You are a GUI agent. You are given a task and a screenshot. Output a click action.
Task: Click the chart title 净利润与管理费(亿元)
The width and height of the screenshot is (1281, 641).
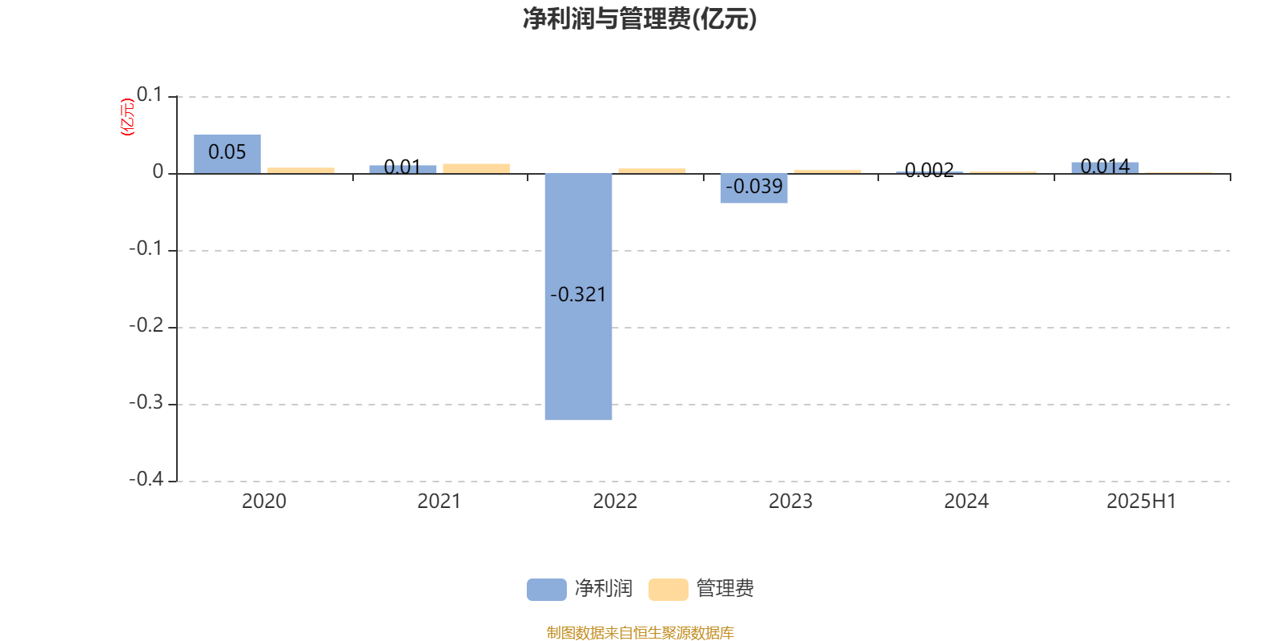(x=640, y=19)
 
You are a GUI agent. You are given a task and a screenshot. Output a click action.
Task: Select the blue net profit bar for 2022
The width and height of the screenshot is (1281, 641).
(x=578, y=296)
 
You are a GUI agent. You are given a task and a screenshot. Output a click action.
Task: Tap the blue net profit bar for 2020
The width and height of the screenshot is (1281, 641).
(x=227, y=154)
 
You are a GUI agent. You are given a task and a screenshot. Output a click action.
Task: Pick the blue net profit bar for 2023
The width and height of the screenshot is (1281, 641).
(x=753, y=188)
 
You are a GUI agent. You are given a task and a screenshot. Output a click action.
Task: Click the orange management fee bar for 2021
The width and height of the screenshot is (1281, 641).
(x=476, y=169)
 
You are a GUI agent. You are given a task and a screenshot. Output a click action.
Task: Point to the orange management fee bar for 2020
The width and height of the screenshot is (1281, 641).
(x=301, y=171)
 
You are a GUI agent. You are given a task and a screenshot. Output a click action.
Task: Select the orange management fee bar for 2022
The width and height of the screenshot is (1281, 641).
(x=652, y=171)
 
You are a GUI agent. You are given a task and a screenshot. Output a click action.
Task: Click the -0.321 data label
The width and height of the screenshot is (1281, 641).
(x=578, y=295)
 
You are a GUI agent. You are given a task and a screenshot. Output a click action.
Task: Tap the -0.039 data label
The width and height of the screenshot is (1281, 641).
(x=753, y=187)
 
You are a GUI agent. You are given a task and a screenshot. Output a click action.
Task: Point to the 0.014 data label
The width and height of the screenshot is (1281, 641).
(x=1105, y=167)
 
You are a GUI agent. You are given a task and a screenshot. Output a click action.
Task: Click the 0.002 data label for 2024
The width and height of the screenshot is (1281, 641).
(x=930, y=170)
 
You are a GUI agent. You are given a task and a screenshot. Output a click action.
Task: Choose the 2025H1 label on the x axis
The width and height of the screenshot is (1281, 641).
(x=1142, y=502)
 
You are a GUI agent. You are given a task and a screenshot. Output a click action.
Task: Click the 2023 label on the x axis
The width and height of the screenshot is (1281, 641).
(x=790, y=502)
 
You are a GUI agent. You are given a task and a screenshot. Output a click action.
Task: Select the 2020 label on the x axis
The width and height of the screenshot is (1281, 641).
(x=263, y=502)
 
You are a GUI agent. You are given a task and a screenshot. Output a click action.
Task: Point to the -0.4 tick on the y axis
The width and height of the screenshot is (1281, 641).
(x=147, y=479)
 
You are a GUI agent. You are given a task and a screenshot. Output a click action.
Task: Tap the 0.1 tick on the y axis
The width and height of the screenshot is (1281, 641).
(x=149, y=95)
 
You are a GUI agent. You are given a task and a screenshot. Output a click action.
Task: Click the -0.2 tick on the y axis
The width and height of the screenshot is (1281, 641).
(x=147, y=325)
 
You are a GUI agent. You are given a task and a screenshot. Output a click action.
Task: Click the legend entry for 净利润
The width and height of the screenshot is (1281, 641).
(x=580, y=589)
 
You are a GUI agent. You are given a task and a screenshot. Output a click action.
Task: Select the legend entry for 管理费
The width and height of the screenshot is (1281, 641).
(x=701, y=589)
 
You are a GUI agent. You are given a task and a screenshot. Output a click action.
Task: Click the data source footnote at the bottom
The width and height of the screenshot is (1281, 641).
(x=640, y=632)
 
